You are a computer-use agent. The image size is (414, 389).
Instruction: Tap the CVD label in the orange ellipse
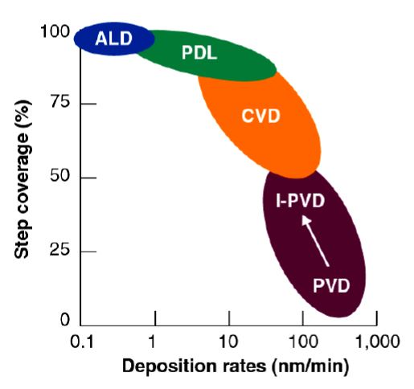260,117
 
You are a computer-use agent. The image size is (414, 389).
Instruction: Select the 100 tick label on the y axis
54,32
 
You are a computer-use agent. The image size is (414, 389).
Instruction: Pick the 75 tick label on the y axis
59,104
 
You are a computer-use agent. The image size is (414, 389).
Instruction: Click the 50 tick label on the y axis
59,177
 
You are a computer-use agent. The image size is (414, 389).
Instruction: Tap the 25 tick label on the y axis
59,251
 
